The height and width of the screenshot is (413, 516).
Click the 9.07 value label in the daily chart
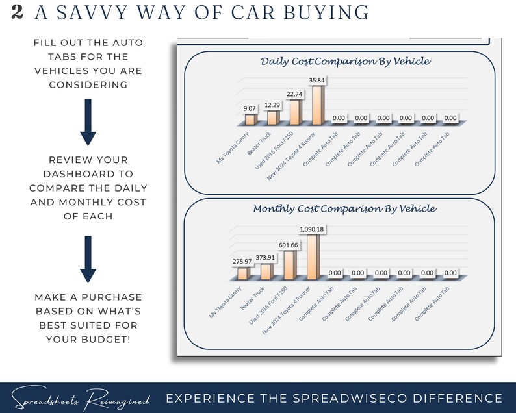(250, 109)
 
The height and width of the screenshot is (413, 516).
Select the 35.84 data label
(316, 81)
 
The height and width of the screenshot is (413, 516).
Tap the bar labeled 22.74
(294, 112)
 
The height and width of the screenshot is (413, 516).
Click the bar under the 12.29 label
(272, 118)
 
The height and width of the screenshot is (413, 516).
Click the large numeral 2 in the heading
(18, 12)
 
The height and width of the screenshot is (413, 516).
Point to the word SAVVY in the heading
(89, 12)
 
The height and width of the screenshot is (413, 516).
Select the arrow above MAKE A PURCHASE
(88, 260)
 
